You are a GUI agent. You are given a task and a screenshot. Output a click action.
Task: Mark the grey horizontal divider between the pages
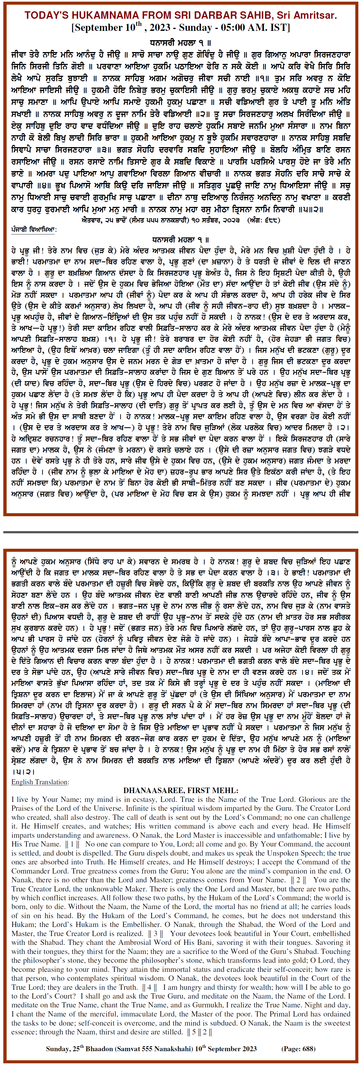click(x=180, y=531)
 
